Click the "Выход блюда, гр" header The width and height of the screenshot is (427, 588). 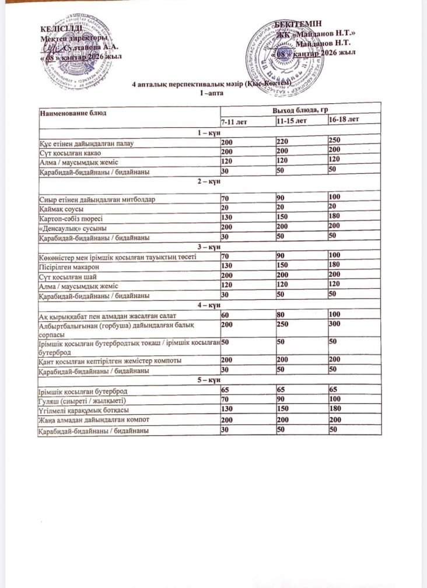click(x=300, y=110)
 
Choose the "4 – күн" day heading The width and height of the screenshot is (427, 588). click(x=209, y=305)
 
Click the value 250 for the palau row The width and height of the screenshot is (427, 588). click(x=334, y=141)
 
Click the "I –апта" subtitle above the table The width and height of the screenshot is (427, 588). click(x=209, y=94)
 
